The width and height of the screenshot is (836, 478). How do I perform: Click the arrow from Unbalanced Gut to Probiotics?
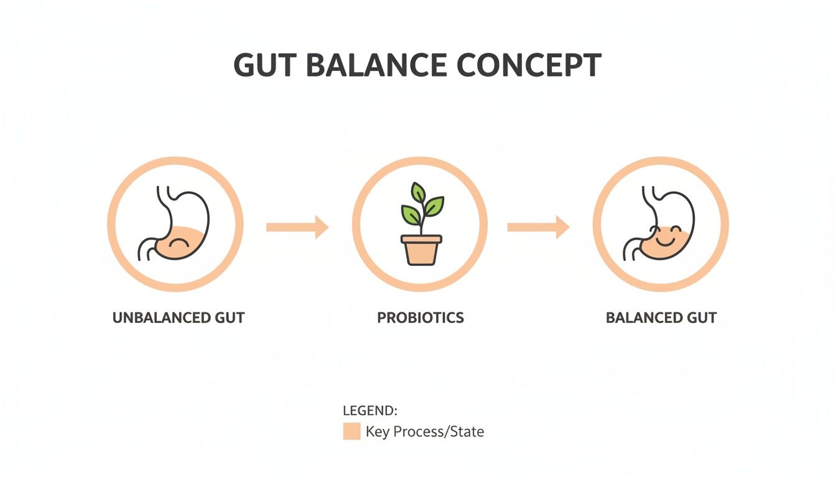[x=297, y=227]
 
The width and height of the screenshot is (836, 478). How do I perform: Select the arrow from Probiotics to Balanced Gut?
[x=538, y=227]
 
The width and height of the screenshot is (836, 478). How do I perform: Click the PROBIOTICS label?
[x=420, y=317]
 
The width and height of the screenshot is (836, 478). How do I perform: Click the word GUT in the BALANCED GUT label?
[x=702, y=317]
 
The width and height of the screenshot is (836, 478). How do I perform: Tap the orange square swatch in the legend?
[x=351, y=431]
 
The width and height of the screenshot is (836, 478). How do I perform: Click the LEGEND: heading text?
[x=370, y=411]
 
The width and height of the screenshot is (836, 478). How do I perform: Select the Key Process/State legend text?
[x=424, y=431]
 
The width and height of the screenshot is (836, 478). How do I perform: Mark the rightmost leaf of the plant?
[x=435, y=204]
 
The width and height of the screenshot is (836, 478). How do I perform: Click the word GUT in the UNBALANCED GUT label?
[x=230, y=317]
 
